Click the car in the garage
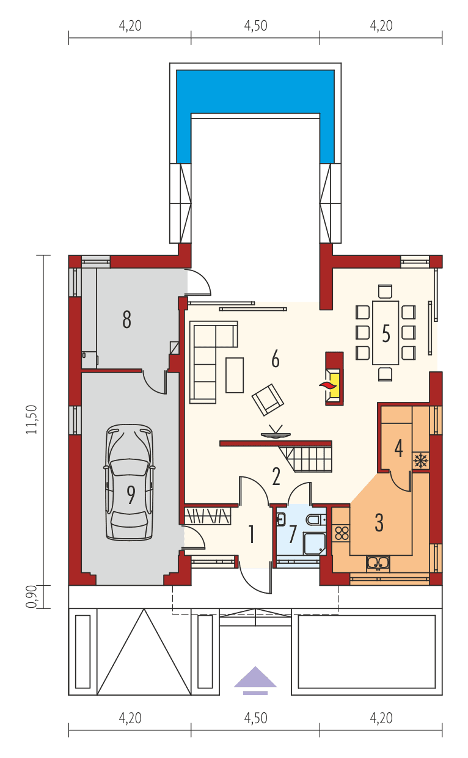129,483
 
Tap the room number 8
126,319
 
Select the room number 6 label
275,360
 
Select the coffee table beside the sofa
234,374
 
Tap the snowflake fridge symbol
420,460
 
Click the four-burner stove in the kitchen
342,531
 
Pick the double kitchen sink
378,563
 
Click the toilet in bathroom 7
313,520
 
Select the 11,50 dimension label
34,420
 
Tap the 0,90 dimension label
34,596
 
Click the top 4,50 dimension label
255,26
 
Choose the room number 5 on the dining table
386,333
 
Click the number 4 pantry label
398,448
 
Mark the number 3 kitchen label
379,522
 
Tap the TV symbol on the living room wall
276,434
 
